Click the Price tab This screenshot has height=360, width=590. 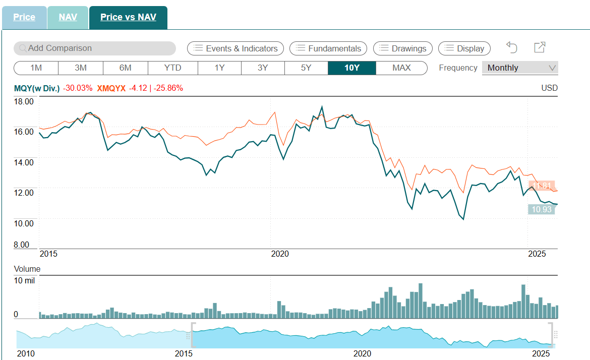[x=24, y=17]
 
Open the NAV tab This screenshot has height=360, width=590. [x=68, y=17]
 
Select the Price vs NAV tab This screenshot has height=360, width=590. [x=128, y=17]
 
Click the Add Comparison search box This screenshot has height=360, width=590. [x=95, y=48]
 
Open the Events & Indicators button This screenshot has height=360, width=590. [x=235, y=48]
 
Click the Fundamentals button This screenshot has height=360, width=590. [x=328, y=48]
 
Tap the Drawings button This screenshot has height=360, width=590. [x=403, y=48]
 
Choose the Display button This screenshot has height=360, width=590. [x=464, y=48]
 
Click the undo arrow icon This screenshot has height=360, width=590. [x=512, y=47]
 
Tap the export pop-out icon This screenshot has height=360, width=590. [x=540, y=47]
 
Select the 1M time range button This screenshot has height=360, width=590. [x=36, y=68]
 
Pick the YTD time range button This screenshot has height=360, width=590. [x=172, y=68]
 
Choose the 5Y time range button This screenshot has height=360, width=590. [x=306, y=68]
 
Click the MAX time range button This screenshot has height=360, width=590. [x=401, y=68]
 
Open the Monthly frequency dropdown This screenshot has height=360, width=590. [x=520, y=68]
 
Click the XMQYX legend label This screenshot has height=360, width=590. [x=111, y=88]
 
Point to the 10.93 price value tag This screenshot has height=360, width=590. [x=542, y=209]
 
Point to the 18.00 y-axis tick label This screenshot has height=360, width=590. [x=23, y=101]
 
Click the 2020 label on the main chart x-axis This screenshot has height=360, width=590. [x=280, y=254]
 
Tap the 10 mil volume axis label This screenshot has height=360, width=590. [x=24, y=280]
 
